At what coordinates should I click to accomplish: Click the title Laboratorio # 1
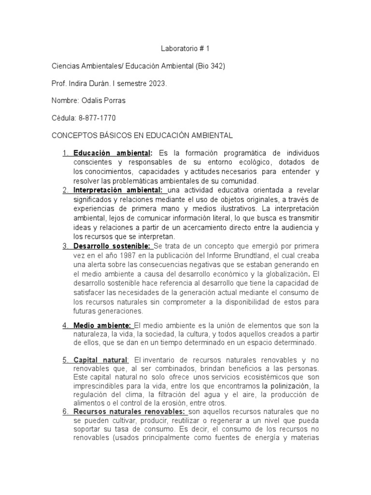point(185,49)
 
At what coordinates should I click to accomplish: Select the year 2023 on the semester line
point(157,84)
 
